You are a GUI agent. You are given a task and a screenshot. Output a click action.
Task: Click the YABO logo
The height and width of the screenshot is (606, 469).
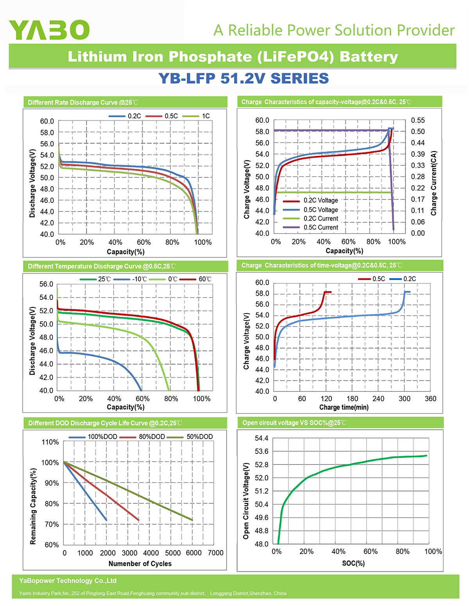(49, 30)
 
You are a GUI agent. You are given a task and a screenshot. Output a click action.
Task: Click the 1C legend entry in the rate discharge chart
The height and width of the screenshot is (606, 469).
(196, 116)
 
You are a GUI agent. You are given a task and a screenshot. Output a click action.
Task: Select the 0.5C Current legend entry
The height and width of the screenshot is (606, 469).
(310, 227)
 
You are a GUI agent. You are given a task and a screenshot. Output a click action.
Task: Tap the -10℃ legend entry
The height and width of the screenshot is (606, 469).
(130, 279)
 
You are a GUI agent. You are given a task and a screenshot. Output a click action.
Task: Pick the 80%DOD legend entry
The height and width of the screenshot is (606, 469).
(142, 437)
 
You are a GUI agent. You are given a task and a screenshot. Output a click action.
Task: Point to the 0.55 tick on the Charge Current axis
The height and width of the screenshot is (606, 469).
(418, 120)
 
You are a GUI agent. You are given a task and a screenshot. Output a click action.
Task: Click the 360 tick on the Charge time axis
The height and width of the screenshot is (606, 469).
(430, 398)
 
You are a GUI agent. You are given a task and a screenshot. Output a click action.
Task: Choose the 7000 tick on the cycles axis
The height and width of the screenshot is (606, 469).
(216, 553)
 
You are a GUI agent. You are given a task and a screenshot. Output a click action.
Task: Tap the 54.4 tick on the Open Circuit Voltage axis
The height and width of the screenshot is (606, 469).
(261, 438)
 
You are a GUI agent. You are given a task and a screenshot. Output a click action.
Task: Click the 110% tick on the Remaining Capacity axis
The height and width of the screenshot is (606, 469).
(50, 442)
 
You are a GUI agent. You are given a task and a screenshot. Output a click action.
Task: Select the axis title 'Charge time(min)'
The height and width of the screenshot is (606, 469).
(344, 407)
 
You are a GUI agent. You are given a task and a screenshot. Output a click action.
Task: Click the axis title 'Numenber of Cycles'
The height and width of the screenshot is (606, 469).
(140, 564)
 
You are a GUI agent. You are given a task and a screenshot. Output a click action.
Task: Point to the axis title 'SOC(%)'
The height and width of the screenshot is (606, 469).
(353, 563)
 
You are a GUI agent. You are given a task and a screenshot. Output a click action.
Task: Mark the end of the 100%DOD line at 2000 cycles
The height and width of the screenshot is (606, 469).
(106, 520)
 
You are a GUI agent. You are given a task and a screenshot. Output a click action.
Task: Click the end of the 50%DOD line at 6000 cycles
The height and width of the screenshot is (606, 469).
(192, 520)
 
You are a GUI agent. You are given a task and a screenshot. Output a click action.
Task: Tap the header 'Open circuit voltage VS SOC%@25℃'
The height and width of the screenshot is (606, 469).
(294, 423)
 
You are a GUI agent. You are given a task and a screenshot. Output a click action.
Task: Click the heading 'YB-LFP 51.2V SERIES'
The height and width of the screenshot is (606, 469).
(243, 78)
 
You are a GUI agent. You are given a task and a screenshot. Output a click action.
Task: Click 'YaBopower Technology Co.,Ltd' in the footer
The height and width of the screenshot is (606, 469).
(68, 581)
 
